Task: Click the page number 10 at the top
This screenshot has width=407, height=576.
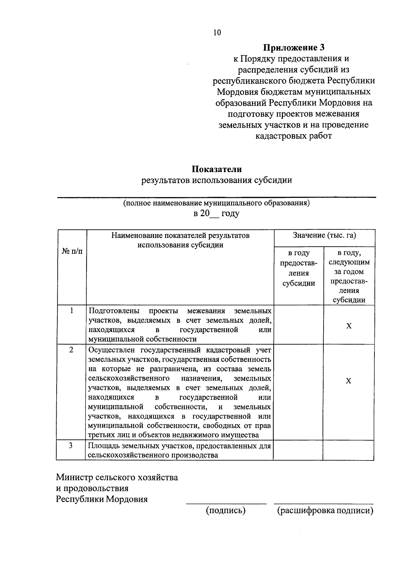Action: pyautogui.click(x=217, y=33)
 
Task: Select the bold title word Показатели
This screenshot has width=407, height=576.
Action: pyautogui.click(x=217, y=169)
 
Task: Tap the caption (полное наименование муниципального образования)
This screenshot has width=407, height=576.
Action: pyautogui.click(x=216, y=203)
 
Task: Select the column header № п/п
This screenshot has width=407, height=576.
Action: pyautogui.click(x=72, y=251)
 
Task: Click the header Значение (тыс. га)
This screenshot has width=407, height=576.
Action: pyautogui.click(x=324, y=235)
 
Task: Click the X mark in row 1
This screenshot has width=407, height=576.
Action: pyautogui.click(x=349, y=326)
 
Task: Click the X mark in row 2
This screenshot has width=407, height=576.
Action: pyautogui.click(x=348, y=381)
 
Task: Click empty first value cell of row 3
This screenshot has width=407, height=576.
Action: pyautogui.click(x=298, y=450)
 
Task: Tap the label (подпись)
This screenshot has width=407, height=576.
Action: pyautogui.click(x=226, y=511)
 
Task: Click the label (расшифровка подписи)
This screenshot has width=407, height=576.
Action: pyautogui.click(x=325, y=511)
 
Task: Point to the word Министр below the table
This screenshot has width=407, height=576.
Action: pyautogui.click(x=75, y=477)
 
